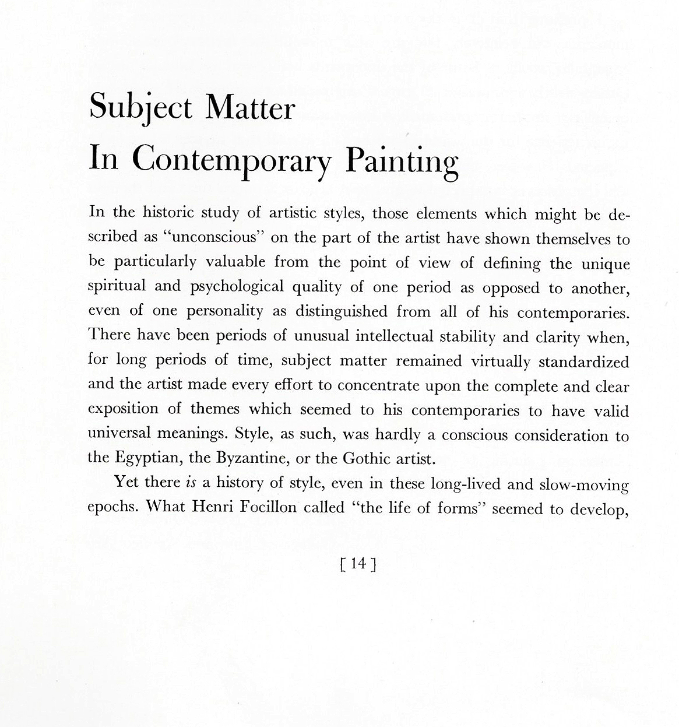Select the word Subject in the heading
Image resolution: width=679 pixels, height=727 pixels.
point(140,108)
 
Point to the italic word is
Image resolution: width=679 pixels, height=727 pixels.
point(191,483)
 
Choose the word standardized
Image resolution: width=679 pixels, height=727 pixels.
point(583,361)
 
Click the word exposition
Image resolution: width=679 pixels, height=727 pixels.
point(123,409)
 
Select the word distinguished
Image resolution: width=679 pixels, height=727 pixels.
point(341,311)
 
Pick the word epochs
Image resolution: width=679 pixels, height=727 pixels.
point(112,507)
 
